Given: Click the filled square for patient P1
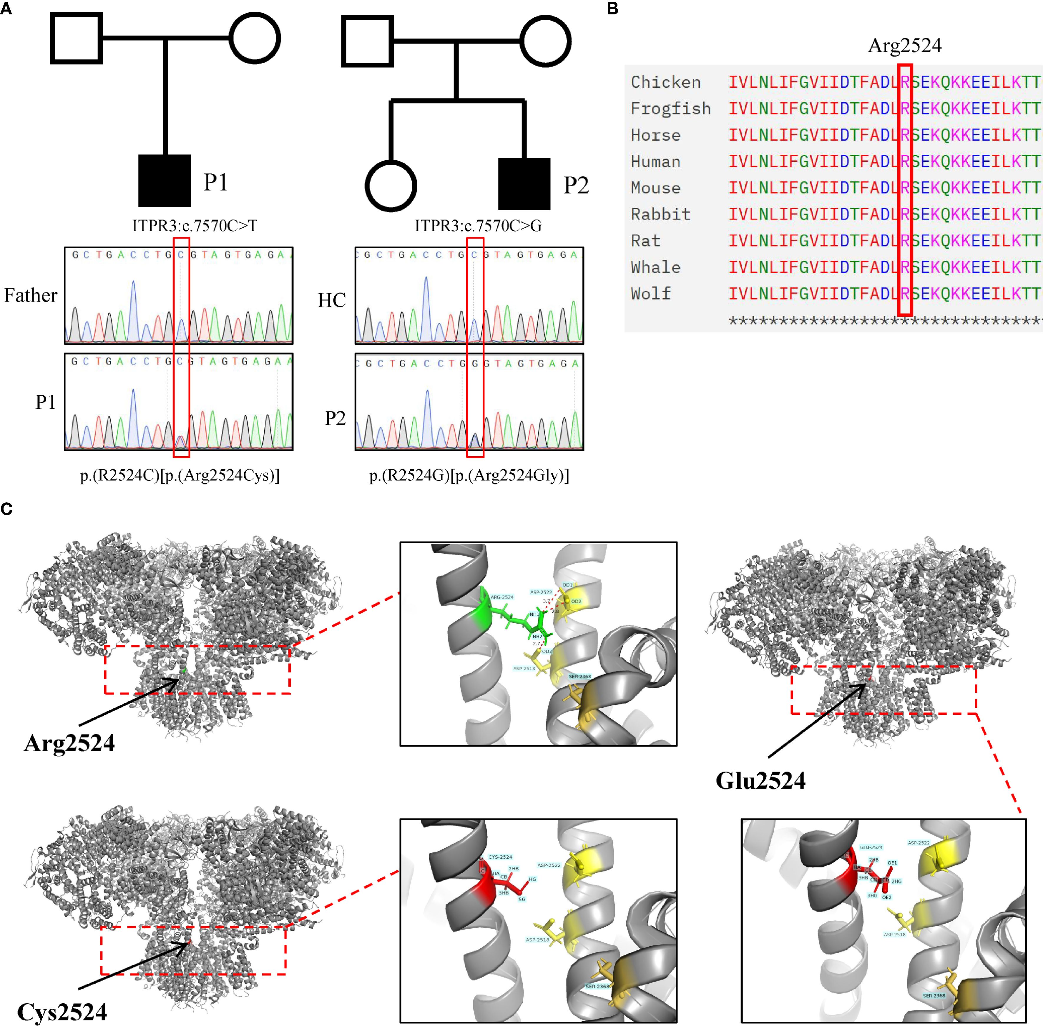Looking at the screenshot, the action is click(x=165, y=181).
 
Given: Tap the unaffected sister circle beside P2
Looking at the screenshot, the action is click(x=391, y=186).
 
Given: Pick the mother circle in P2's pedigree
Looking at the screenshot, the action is click(x=546, y=41).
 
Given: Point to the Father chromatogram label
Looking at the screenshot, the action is click(x=31, y=295).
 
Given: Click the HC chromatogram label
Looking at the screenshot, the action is click(x=331, y=300).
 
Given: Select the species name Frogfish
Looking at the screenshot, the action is click(x=670, y=109).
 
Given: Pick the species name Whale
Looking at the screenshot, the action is click(x=655, y=267).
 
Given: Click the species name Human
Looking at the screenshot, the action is click(x=655, y=162).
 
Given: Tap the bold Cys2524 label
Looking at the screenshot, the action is click(x=62, y=1012).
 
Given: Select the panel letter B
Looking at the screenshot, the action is click(x=612, y=9).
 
